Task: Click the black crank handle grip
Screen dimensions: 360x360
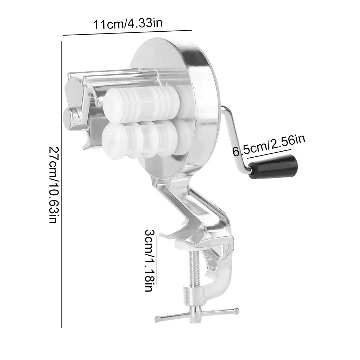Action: coord(273,167)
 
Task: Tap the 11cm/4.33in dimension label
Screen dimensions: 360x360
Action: coord(128,23)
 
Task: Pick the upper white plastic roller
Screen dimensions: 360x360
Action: coord(142,101)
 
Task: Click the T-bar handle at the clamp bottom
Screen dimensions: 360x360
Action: coord(197,314)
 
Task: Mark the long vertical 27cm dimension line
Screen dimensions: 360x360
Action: coord(61,185)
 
